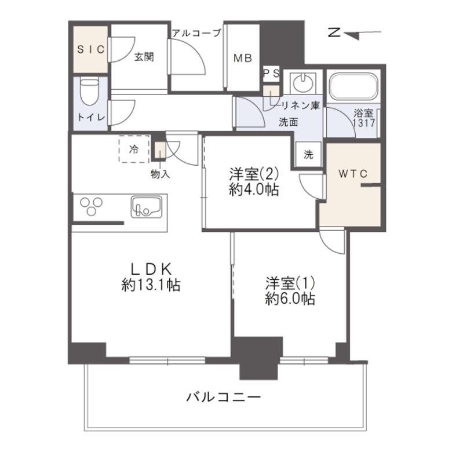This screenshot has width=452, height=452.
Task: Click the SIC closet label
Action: point(91,50)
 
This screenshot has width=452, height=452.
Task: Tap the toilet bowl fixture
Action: point(89,92)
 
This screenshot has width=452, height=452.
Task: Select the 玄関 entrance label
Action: point(144,57)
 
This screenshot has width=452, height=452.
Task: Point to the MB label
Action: point(243,58)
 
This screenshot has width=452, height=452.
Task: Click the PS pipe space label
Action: point(272,73)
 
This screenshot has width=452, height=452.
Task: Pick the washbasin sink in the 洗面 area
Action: point(302,82)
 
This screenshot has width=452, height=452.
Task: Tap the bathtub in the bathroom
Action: point(353,86)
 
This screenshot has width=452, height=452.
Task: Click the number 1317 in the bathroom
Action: point(364,123)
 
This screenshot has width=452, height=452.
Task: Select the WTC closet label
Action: point(353,173)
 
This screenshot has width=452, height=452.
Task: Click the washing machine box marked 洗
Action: point(308,154)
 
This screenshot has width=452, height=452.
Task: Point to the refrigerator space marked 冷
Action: point(134,149)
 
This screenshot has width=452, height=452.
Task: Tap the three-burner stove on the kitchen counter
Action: point(92,206)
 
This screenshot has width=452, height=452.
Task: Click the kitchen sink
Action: point(147,207)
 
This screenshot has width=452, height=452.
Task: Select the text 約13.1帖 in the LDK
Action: point(151,285)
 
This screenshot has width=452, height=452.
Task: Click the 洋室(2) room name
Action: point(254,174)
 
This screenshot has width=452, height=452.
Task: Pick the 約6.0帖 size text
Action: point(290,299)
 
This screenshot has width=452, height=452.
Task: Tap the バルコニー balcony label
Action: point(224,397)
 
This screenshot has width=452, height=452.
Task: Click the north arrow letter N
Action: point(334,32)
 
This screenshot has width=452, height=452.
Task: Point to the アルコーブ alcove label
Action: point(196,33)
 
